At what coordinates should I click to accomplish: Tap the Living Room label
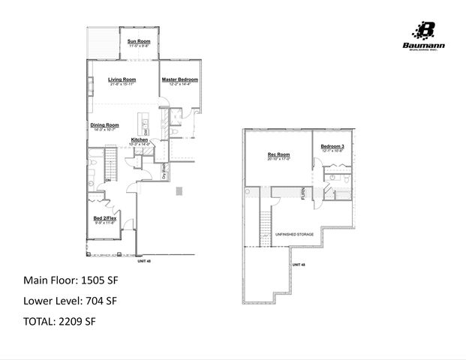click(122, 79)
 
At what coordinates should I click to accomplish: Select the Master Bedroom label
click(181, 79)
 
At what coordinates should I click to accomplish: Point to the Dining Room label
click(104, 124)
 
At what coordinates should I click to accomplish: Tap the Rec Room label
click(278, 154)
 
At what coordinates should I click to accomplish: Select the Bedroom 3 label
click(332, 145)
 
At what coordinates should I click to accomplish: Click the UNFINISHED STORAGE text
click(295, 234)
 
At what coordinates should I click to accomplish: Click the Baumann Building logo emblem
click(426, 29)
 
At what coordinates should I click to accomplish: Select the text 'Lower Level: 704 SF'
click(71, 301)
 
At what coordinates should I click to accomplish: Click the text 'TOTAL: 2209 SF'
click(60, 322)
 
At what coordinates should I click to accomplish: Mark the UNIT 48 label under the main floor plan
click(143, 262)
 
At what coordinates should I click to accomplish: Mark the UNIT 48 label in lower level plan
click(298, 264)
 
